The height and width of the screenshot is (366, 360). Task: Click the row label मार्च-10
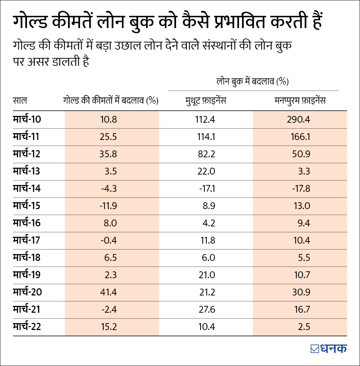click(27, 119)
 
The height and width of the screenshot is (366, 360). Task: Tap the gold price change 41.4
click(109, 292)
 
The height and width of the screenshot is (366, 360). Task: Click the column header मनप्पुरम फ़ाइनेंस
click(300, 100)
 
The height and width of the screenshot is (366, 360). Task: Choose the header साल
click(20, 100)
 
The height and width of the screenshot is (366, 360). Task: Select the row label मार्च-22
click(27, 326)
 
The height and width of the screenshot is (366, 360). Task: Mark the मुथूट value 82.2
click(206, 154)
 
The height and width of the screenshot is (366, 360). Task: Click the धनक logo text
click(333, 348)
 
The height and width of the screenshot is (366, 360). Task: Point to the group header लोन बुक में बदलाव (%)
click(253, 82)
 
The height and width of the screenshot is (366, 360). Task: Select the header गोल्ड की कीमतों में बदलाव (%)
click(111, 100)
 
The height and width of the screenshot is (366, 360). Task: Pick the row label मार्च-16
click(27, 223)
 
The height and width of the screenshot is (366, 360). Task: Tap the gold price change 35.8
click(109, 154)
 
